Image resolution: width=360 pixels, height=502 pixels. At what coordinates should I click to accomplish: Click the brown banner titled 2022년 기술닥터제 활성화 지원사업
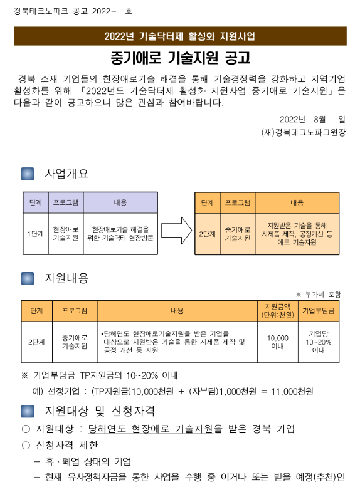coord(181,36)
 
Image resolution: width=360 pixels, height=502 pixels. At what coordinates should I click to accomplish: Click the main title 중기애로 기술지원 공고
coord(181,58)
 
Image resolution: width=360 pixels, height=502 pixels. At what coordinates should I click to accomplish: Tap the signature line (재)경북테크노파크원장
coord(304,132)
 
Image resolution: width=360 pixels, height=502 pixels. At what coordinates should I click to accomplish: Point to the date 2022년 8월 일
coord(312,120)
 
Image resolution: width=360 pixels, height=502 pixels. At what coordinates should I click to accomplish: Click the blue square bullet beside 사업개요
coord(28,174)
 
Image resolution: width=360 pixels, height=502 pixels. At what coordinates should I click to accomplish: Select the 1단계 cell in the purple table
coord(36,234)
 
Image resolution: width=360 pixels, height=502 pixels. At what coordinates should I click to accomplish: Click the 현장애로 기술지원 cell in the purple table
coord(66,234)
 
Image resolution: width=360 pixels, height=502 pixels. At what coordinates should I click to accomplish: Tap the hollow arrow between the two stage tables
coord(176,231)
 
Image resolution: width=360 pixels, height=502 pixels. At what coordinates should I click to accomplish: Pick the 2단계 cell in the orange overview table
coord(207,234)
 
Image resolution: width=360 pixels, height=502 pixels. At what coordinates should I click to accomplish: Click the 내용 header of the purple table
coord(120,202)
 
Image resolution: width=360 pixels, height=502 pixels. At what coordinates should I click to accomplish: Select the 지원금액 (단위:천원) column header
coord(278,311)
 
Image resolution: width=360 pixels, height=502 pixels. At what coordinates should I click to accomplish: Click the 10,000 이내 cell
coord(278,342)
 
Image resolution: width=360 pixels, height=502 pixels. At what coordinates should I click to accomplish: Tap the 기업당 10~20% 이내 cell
coord(319,342)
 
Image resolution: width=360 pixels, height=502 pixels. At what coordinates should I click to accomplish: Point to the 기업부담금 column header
coord(319,311)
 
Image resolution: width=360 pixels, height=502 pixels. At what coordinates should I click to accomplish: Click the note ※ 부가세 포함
coord(319,294)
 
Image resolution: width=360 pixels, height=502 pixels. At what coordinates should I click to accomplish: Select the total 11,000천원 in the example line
coord(292,392)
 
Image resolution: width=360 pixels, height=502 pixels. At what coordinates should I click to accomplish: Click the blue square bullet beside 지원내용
coord(28,278)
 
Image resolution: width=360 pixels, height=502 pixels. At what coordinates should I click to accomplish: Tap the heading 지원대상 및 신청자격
coord(100,411)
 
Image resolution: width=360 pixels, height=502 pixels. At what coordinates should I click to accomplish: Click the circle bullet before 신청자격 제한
coord(26,446)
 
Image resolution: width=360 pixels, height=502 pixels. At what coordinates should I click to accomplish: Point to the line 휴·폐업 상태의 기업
coord(88,461)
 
